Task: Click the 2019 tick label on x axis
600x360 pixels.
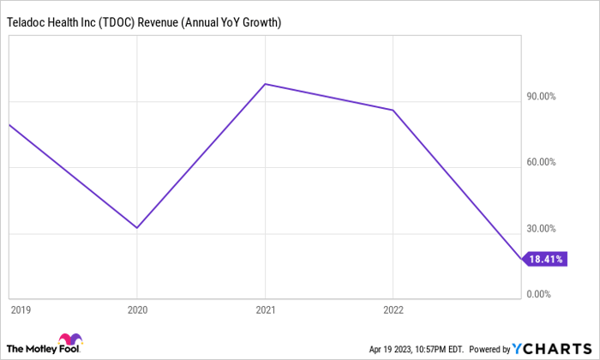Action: pos(18,309)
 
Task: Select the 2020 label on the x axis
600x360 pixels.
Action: pos(137,309)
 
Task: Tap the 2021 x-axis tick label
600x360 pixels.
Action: pos(265,309)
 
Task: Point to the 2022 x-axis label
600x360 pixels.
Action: pos(393,309)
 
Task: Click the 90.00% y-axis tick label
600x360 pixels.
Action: pos(541,97)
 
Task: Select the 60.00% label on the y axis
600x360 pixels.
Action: pos(541,163)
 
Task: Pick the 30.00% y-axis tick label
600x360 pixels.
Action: pos(541,229)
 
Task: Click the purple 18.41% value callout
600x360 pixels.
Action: pos(545,260)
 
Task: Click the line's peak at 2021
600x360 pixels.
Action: pos(265,84)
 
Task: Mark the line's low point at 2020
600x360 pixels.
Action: pos(137,228)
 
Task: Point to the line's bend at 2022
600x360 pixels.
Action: pos(393,110)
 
